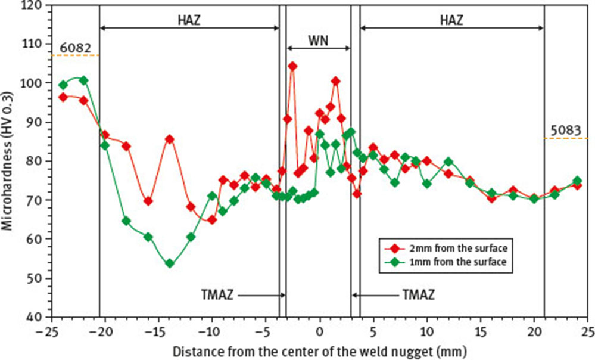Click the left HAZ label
[189, 20]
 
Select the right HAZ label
[451, 20]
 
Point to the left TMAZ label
[217, 294]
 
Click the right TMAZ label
[418, 294]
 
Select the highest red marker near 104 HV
[292, 66]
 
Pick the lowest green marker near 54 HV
[170, 263]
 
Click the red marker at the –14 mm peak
[170, 139]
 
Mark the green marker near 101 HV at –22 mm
[84, 80]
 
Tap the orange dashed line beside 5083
[566, 138]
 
